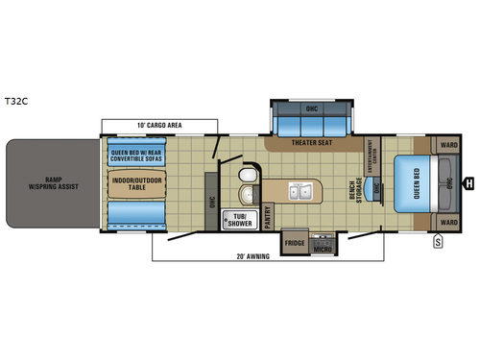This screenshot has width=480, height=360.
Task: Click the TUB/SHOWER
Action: click(x=236, y=219)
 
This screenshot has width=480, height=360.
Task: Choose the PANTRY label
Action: click(x=268, y=216)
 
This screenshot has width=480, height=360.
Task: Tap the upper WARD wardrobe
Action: click(x=447, y=146)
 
